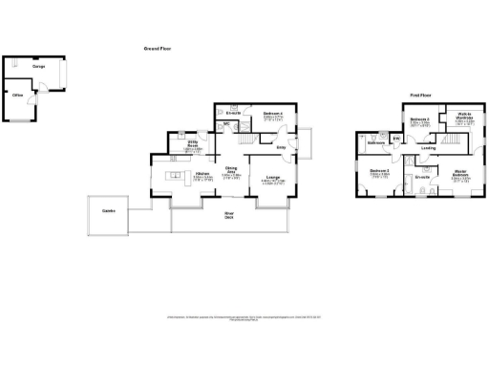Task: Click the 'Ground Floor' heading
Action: pos(157,47)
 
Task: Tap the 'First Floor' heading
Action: pos(422,96)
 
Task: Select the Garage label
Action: pos(38,67)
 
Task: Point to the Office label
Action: pos(17,97)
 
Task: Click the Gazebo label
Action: pos(110,210)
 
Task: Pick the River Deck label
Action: pos(229,215)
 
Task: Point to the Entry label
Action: pos(281,148)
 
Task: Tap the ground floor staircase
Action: pos(249,141)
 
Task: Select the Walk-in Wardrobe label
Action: pos(465,118)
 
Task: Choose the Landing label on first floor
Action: pos(429,148)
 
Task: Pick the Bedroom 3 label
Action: pos(379,171)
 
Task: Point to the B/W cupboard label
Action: pos(396,140)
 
